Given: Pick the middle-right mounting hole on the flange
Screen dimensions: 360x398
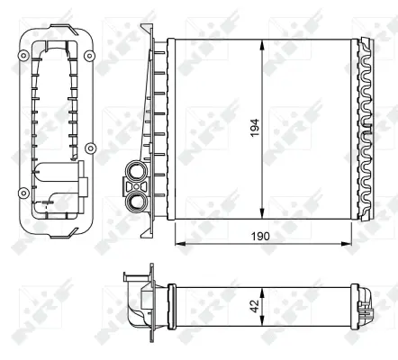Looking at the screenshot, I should (88, 148).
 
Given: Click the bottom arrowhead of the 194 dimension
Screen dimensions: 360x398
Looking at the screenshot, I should (262, 216).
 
